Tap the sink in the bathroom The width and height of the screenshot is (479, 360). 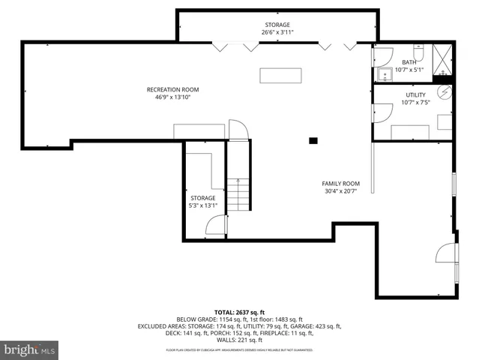(385, 73)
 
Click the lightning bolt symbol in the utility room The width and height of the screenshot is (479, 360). (444, 91)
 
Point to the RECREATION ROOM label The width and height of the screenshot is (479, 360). (172, 90)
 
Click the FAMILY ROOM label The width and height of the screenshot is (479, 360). (340, 184)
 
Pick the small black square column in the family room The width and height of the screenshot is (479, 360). (313, 139)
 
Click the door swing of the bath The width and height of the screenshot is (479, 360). (383, 55)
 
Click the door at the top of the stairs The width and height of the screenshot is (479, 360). (237, 130)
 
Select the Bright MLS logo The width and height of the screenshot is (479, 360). (30, 349)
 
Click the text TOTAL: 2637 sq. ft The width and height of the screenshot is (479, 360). (239, 311)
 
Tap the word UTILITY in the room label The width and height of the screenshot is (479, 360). (415, 95)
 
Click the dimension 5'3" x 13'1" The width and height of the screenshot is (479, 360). (202, 206)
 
